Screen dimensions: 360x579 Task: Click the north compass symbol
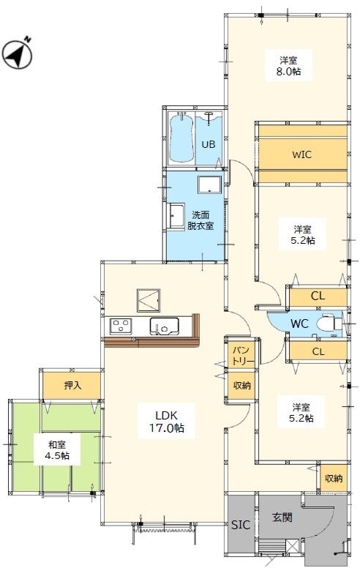(18, 54)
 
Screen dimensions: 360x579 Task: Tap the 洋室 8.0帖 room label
(288, 65)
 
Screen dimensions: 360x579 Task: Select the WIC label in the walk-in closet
(301, 154)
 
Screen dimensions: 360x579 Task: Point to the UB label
(209, 144)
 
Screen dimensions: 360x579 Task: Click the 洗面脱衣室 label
(200, 220)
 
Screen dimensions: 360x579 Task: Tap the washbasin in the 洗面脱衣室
(176, 216)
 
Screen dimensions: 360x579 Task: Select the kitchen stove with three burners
(121, 326)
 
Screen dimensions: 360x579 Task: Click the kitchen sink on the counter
(164, 326)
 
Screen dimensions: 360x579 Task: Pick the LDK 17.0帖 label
(167, 422)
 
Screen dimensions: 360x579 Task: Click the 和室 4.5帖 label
(57, 449)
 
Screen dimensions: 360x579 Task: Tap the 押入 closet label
(72, 385)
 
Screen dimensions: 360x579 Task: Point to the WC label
(299, 324)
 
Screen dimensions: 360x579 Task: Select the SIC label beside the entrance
(241, 525)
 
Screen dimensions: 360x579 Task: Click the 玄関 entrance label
(282, 518)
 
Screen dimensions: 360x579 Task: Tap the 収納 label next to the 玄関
(334, 478)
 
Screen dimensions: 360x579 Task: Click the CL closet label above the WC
(318, 296)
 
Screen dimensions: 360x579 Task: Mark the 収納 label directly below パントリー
(242, 385)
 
